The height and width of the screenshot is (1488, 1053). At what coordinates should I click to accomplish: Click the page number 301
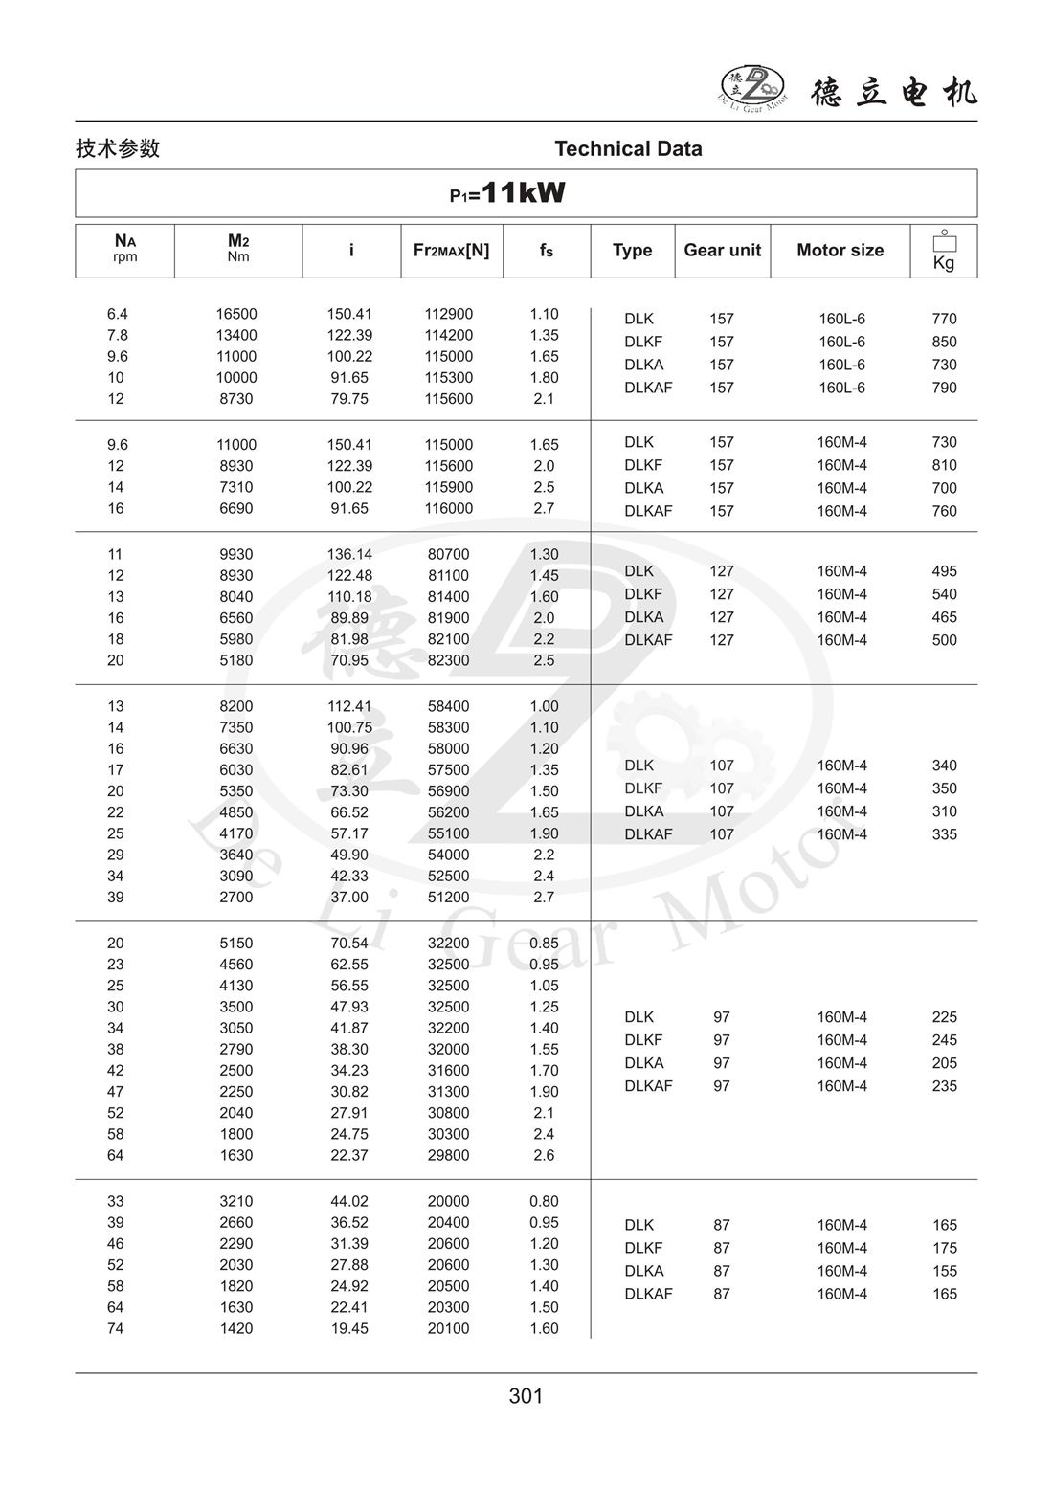tap(526, 1396)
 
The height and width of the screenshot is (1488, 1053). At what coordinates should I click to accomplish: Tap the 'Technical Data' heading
tap(628, 148)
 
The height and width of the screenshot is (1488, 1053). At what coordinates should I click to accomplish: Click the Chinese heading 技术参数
tap(118, 148)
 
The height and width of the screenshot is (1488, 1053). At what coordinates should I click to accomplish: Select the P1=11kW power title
tap(507, 193)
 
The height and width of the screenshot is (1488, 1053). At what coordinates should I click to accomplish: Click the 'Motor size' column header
tap(840, 250)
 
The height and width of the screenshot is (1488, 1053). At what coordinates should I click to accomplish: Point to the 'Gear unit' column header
tap(722, 250)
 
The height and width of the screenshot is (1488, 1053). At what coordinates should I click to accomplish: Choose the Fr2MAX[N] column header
tap(451, 250)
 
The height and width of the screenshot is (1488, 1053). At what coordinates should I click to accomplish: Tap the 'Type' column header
tap(632, 250)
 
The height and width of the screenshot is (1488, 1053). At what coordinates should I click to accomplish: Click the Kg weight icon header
tap(944, 251)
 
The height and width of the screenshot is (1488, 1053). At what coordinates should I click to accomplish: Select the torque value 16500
tap(236, 314)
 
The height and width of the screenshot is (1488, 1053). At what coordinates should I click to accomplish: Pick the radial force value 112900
tap(449, 314)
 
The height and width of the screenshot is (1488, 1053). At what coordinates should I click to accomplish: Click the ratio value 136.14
tap(349, 554)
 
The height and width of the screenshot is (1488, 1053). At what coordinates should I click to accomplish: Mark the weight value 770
tap(944, 319)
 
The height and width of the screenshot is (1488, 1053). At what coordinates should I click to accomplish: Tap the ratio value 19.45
tap(349, 1328)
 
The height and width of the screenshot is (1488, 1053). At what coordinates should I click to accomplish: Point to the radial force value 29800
tap(449, 1155)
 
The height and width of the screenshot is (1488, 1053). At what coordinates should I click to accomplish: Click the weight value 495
tap(944, 571)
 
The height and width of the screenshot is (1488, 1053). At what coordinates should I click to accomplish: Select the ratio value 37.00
tap(349, 897)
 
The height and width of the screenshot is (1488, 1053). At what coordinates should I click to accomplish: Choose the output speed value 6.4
tap(117, 314)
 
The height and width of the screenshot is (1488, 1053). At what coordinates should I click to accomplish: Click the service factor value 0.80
tap(544, 1201)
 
